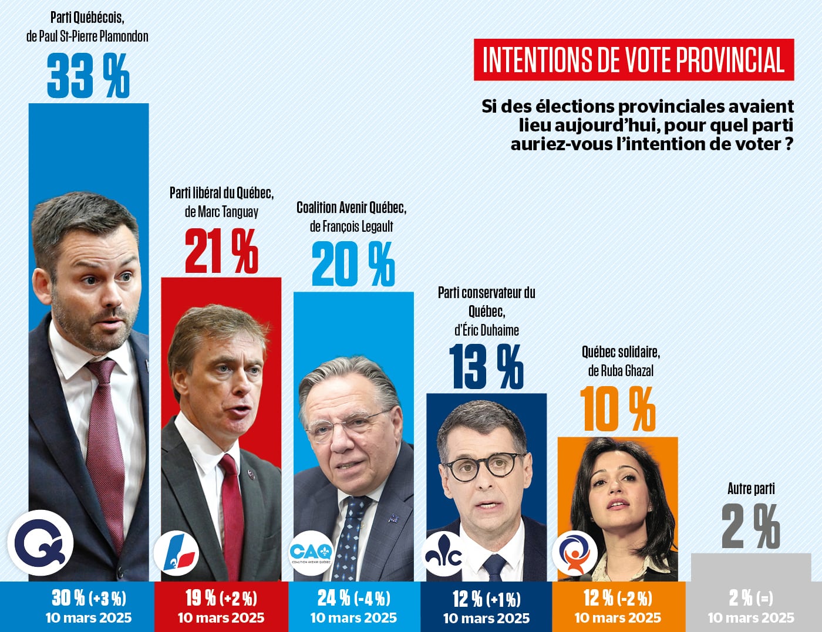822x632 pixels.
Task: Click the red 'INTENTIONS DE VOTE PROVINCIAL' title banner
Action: (634, 60)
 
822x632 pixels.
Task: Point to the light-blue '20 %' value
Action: (353, 265)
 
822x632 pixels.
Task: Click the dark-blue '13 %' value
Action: (486, 366)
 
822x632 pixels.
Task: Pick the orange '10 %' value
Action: (618, 410)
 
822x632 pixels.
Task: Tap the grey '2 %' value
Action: (750, 527)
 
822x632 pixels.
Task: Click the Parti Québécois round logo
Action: (40, 543)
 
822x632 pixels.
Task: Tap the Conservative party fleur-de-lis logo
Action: (444, 554)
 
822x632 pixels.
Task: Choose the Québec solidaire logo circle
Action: (575, 553)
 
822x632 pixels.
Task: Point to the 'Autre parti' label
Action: (751, 488)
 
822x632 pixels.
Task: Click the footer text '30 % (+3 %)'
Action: (89, 598)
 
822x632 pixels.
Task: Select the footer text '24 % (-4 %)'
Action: (353, 598)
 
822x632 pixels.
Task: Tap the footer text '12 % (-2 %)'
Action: (618, 598)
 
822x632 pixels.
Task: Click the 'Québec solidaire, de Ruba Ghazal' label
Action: (621, 361)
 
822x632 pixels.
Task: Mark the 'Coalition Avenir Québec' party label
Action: (351, 208)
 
